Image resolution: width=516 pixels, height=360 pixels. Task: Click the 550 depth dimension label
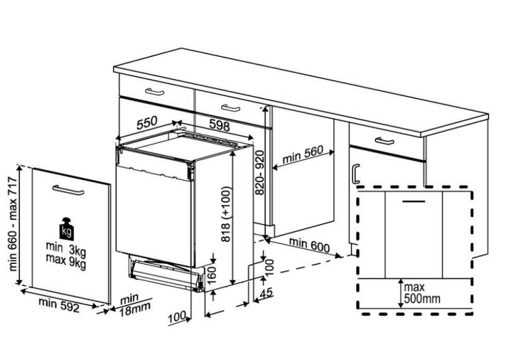point(147,123)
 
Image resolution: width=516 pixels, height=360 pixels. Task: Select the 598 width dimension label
point(219,125)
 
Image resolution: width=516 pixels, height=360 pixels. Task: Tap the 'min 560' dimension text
point(303,154)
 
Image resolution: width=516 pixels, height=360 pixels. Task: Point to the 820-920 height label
point(260,172)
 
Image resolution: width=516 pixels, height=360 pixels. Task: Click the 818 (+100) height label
point(226,214)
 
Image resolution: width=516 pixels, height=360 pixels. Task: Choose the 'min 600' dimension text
point(309,245)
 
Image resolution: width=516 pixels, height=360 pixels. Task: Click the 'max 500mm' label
point(422,293)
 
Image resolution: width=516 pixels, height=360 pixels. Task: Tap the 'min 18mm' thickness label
point(134,305)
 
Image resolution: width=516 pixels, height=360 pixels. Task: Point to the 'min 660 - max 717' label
point(13,223)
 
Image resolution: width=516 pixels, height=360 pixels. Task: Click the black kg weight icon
point(66,228)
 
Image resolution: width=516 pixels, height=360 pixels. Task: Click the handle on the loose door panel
point(68,190)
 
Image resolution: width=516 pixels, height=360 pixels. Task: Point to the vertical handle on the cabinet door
point(355,174)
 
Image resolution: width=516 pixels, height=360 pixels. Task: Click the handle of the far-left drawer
point(155,92)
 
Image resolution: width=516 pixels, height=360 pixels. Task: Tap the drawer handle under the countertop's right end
point(384,141)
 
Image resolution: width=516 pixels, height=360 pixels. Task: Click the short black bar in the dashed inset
point(414,201)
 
